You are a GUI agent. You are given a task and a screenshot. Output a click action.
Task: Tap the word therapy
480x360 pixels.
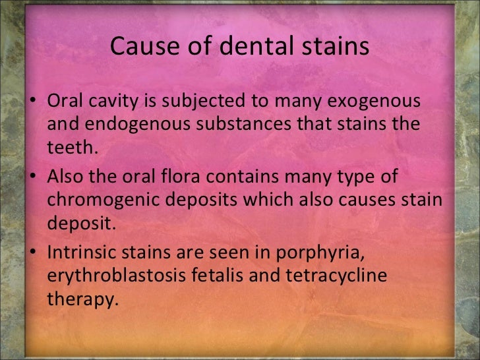[x=80, y=299]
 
